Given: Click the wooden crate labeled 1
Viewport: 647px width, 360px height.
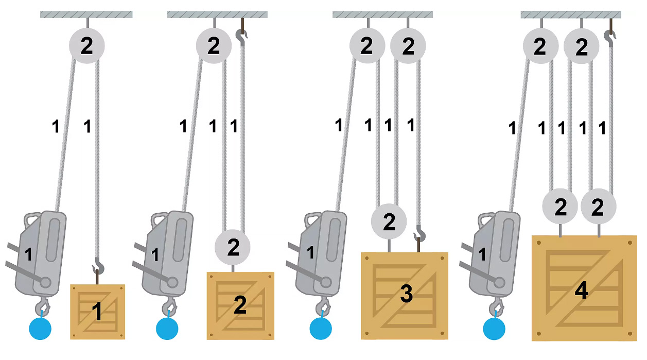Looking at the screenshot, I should pyautogui.click(x=97, y=312).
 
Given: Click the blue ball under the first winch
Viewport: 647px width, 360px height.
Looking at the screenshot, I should pyautogui.click(x=41, y=328).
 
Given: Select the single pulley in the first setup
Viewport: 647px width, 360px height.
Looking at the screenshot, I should pyautogui.click(x=87, y=46).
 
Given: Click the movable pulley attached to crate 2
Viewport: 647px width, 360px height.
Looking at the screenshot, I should pyautogui.click(x=233, y=248).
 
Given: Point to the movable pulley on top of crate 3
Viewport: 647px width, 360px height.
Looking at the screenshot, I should pyautogui.click(x=389, y=222).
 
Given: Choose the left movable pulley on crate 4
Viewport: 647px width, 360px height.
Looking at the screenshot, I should pyautogui.click(x=560, y=207).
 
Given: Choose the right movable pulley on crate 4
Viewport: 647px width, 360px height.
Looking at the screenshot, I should pyautogui.click(x=598, y=207).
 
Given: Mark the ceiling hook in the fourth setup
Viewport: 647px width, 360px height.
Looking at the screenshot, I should pyautogui.click(x=610, y=37).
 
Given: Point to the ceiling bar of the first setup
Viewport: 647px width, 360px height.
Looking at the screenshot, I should pyautogui.click(x=86, y=14).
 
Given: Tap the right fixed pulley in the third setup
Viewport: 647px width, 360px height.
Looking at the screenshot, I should pyautogui.click(x=408, y=46).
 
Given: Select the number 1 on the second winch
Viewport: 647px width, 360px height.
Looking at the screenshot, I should pyautogui.click(x=155, y=253).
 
